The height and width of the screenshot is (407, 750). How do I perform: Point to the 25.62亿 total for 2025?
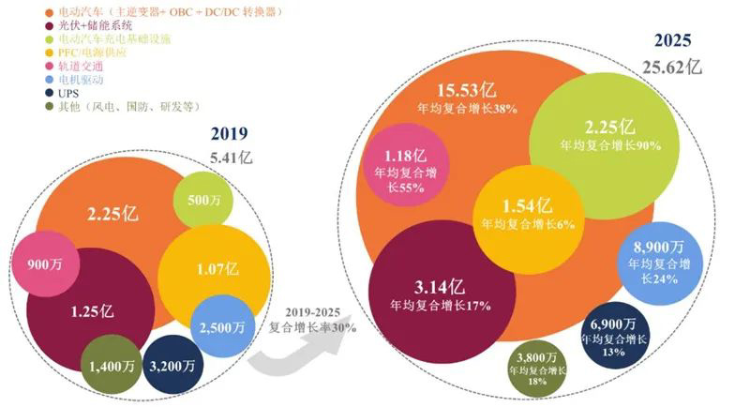coord(670,67)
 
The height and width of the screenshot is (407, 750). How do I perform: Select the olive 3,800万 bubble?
coord(537,369)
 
